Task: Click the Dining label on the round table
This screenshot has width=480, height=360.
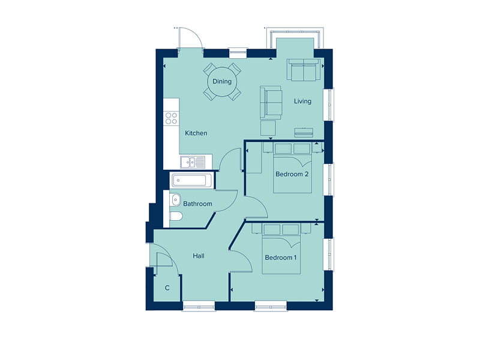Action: click(221, 82)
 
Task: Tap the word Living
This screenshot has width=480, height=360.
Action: click(302, 101)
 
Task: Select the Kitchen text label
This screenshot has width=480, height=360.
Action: click(196, 133)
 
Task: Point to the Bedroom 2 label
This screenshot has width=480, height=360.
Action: click(292, 175)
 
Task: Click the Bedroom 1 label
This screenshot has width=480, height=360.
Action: click(281, 258)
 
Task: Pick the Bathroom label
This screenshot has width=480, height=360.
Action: click(197, 204)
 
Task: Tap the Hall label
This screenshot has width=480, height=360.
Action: click(199, 256)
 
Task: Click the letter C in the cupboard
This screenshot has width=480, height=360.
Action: click(167, 289)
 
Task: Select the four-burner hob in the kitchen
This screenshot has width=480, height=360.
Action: click(172, 118)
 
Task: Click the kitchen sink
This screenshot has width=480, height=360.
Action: click(193, 161)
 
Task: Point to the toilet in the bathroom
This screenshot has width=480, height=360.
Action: click(176, 217)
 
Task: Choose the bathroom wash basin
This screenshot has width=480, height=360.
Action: click(175, 199)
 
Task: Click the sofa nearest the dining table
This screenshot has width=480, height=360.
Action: click(271, 103)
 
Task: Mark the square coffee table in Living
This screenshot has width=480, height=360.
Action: click(268, 128)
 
